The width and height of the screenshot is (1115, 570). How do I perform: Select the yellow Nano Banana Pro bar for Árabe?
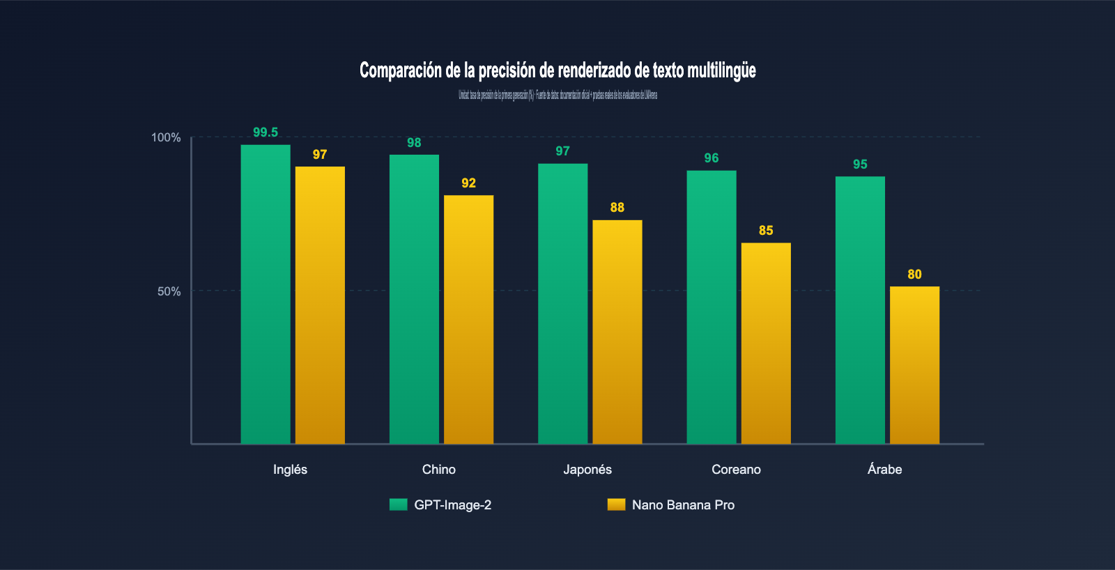[914, 365]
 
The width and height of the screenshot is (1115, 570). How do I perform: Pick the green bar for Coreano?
[712, 307]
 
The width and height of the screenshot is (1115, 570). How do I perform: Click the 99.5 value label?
[266, 132]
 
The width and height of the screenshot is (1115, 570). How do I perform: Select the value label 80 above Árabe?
[914, 275]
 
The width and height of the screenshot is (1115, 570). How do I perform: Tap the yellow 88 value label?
[617, 208]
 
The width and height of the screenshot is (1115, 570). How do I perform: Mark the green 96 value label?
[712, 158]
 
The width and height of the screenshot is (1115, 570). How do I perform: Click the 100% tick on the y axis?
[166, 137]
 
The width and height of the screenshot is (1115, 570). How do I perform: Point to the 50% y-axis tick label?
[169, 291]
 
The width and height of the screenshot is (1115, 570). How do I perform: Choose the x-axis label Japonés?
[587, 470]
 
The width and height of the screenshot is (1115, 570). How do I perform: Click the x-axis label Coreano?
[736, 470]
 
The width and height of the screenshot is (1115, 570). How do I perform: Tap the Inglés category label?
[290, 470]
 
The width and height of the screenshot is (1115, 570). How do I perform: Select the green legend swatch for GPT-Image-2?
[398, 504]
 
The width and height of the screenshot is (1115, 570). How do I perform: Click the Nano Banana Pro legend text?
[683, 505]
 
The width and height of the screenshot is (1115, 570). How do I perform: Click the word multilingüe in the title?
[721, 70]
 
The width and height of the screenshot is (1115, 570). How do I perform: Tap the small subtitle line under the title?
[557, 95]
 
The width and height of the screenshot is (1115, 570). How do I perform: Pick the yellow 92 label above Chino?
[468, 183]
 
